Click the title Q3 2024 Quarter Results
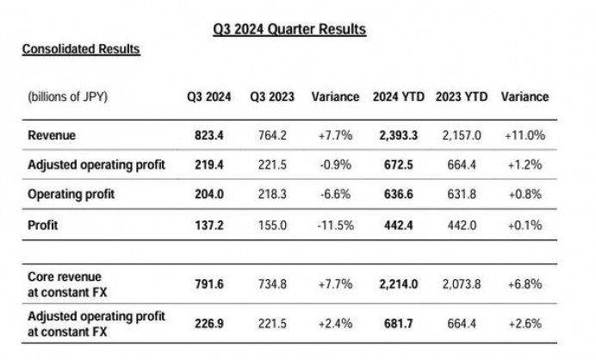[x=289, y=29]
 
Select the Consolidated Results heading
[x=81, y=49]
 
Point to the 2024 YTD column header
[x=399, y=96]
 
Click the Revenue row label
[x=53, y=134]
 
